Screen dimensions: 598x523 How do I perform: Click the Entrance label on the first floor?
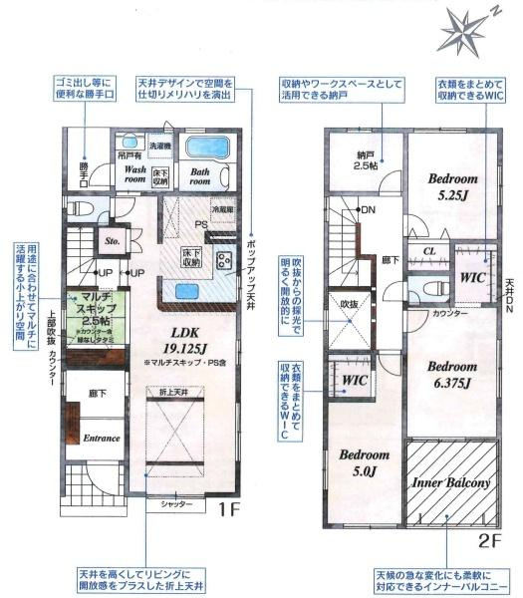(x=101, y=439)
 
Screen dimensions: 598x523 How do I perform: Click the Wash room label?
(x=135, y=175)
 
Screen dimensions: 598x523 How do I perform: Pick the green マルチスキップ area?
(x=96, y=308)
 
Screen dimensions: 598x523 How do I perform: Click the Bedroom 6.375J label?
(x=453, y=374)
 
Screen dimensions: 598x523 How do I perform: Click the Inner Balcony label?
(x=451, y=483)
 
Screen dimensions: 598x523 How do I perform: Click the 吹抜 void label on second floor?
(x=347, y=302)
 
